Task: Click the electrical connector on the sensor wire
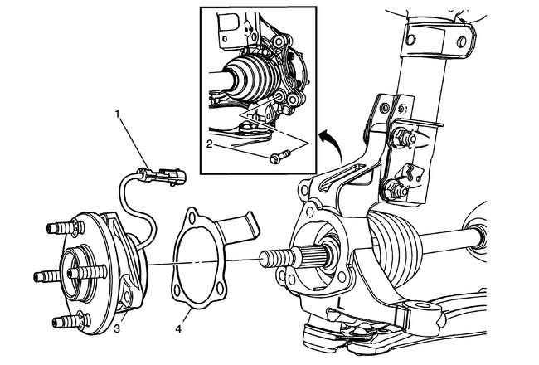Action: pyautogui.click(x=163, y=175)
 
